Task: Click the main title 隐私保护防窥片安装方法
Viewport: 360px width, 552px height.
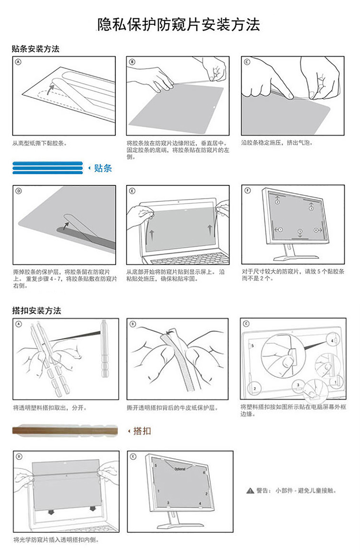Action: pyautogui.click(x=179, y=25)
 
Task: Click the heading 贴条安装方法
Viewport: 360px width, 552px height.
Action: pyautogui.click(x=36, y=49)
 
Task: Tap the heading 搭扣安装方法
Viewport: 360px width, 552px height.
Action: pyautogui.click(x=36, y=310)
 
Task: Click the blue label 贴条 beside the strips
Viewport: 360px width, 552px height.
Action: pyautogui.click(x=103, y=168)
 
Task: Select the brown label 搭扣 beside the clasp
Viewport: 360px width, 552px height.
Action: pyautogui.click(x=142, y=431)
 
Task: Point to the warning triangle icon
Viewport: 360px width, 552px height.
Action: pyautogui.click(x=250, y=491)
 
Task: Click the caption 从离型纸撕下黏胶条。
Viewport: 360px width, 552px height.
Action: pyautogui.click(x=40, y=143)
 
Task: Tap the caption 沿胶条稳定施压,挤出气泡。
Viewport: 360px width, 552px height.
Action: pyautogui.click(x=277, y=143)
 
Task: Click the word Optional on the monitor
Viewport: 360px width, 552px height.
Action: pyautogui.click(x=180, y=469)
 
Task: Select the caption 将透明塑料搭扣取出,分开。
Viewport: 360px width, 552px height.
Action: pyautogui.click(x=49, y=408)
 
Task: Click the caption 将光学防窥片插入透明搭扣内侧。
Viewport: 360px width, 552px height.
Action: pyautogui.click(x=56, y=540)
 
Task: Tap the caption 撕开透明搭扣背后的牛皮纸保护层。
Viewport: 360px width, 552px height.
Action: pyautogui.click(x=172, y=408)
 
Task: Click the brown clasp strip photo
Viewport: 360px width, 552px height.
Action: pyautogui.click(x=65, y=430)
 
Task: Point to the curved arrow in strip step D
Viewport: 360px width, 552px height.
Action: pyautogui.click(x=65, y=225)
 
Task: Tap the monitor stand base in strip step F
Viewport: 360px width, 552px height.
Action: pyautogui.click(x=296, y=258)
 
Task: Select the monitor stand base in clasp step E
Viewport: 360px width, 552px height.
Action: pyautogui.click(x=180, y=526)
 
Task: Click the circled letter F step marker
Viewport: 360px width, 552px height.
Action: pyautogui.click(x=247, y=190)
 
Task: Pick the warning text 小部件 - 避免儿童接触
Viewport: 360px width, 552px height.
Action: pyautogui.click(x=305, y=491)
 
